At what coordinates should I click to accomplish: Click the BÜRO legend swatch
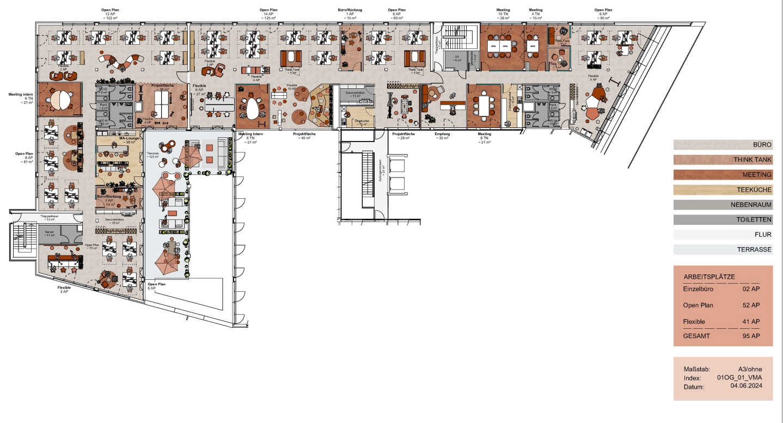(x=723, y=145)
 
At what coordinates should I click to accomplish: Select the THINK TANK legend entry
(x=723, y=160)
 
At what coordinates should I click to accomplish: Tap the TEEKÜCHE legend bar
(x=723, y=190)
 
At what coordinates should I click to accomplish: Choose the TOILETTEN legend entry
(x=723, y=220)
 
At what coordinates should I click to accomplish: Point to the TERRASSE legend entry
(x=723, y=250)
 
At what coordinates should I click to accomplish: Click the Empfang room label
(x=442, y=134)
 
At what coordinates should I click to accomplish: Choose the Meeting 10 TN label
(x=503, y=14)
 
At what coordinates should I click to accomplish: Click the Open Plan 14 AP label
(x=270, y=14)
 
